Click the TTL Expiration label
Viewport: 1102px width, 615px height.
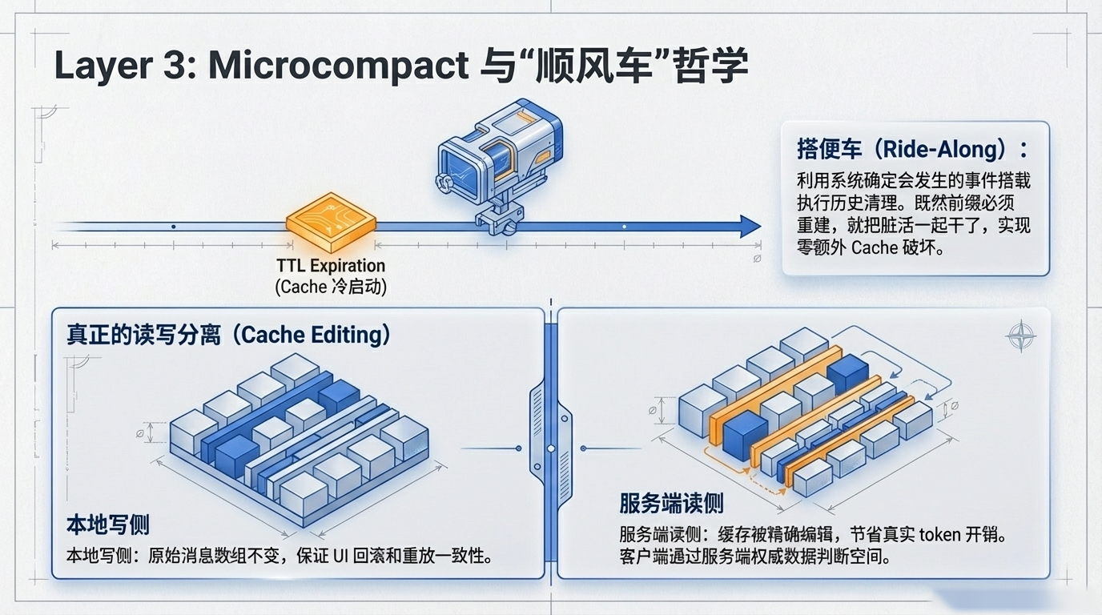tap(331, 266)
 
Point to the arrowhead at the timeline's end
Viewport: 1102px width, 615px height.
tap(750, 227)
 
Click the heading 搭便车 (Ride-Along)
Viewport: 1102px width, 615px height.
tap(911, 150)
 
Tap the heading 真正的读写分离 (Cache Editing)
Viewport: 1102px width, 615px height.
tap(228, 335)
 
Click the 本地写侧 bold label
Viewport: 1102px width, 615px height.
tap(107, 525)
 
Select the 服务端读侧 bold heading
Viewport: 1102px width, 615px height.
tap(671, 503)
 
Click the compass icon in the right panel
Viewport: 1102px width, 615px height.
tap(1020, 336)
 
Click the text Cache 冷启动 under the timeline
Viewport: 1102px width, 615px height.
tap(331, 287)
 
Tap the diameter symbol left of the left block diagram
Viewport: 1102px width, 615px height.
tap(141, 433)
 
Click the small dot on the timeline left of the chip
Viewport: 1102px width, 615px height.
tap(174, 227)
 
